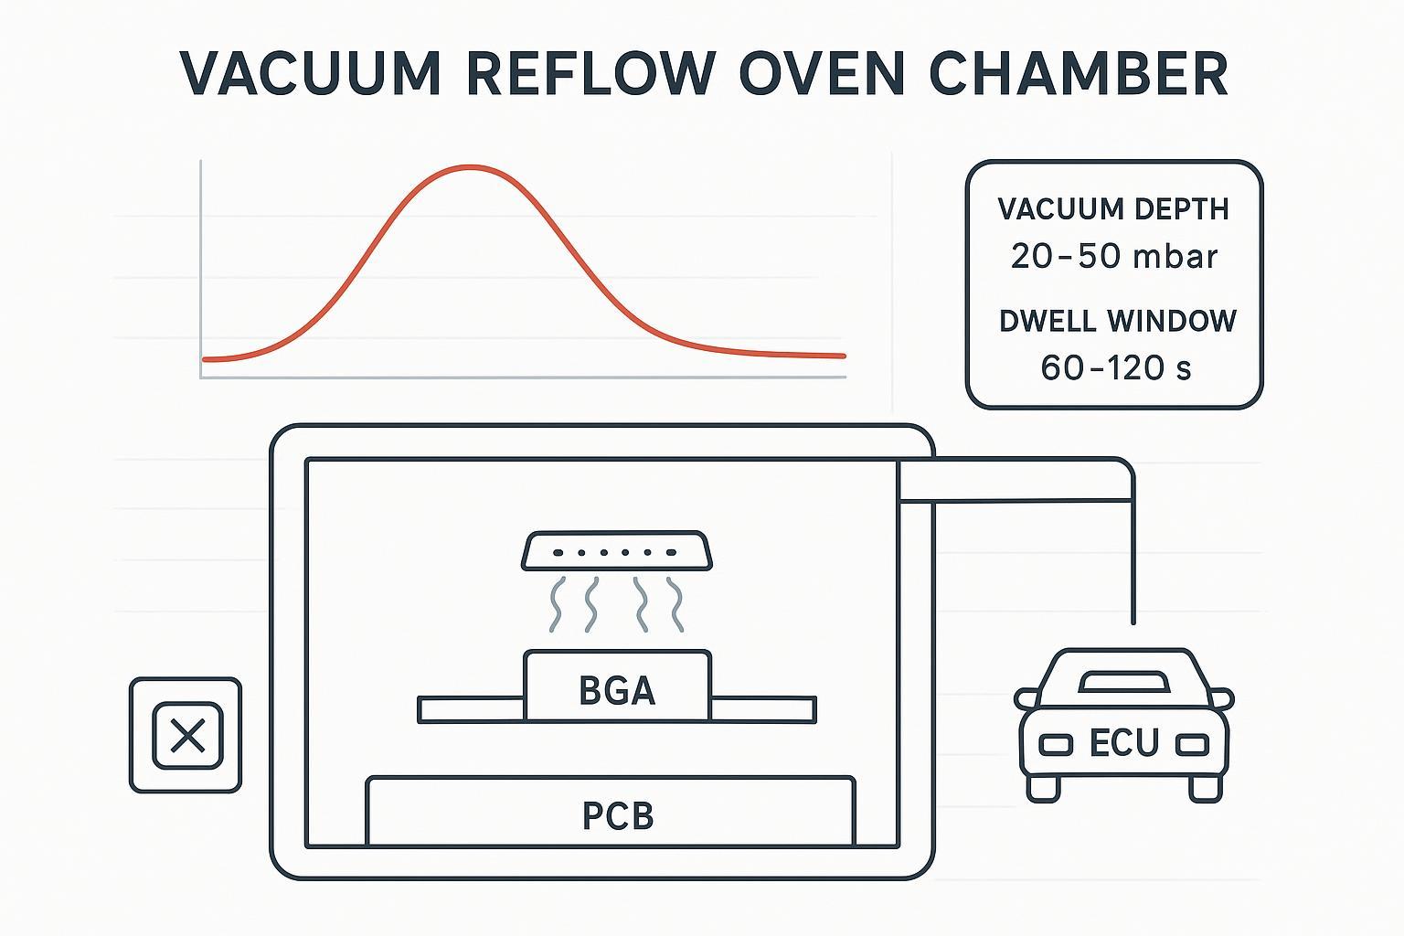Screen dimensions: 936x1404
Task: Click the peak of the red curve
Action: tap(470, 167)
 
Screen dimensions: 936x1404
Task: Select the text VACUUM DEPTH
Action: tap(1113, 209)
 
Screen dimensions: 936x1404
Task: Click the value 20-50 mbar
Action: tap(1113, 256)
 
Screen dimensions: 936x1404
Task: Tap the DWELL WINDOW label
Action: tap(1117, 321)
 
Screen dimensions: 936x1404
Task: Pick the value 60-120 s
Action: tap(1116, 367)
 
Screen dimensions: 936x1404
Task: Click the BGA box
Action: tap(617, 690)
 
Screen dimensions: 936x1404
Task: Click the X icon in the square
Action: tap(186, 735)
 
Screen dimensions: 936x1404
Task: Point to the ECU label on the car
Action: tap(1124, 743)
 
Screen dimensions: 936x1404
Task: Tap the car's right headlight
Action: tap(1191, 745)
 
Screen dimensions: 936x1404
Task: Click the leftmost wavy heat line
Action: tap(555, 604)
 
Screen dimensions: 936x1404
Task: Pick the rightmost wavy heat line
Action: tap(675, 604)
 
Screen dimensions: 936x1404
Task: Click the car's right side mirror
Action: tap(1223, 699)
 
